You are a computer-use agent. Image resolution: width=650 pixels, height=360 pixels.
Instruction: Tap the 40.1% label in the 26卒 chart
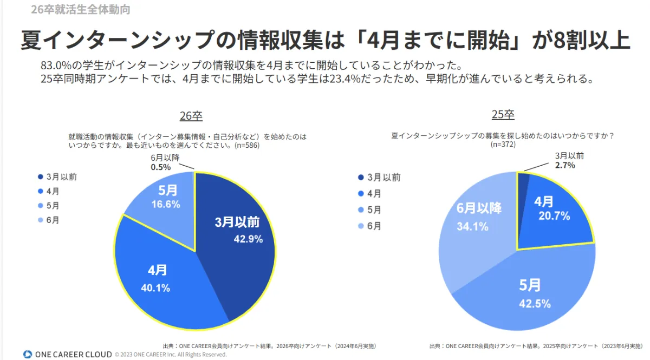click(155, 287)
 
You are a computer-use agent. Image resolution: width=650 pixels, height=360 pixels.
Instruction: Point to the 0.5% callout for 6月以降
click(161, 167)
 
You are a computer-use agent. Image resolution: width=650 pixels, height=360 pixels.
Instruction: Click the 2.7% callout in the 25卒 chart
click(564, 165)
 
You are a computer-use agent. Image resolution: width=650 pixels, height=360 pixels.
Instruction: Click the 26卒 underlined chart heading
click(191, 116)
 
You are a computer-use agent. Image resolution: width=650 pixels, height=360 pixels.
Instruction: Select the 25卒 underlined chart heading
click(503, 115)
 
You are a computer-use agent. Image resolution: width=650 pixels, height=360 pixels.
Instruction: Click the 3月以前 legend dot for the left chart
click(41, 177)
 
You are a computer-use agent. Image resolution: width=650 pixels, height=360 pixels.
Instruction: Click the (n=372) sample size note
click(503, 145)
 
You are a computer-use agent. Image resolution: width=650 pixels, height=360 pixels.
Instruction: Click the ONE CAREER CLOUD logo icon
click(28, 354)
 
